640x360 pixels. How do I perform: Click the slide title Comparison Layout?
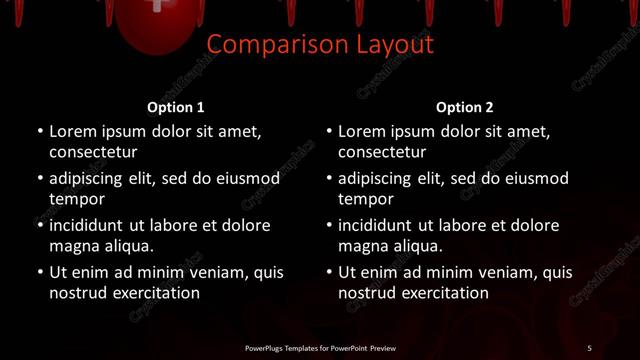coord(320,45)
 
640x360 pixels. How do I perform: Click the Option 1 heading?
coord(176,107)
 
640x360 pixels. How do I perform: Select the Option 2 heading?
coord(465,107)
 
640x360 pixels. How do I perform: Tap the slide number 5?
coord(589,348)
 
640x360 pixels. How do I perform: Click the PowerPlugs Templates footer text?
coord(320,348)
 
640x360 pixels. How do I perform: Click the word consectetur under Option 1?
coord(93,153)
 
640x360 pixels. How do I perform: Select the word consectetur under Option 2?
coord(382,153)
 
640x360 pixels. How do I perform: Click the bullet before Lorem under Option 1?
coord(39,131)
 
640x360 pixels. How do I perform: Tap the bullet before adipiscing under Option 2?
coord(328,178)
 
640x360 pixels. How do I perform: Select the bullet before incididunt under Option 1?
coord(39,225)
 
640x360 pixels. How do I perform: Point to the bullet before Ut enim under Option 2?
coord(328,272)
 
